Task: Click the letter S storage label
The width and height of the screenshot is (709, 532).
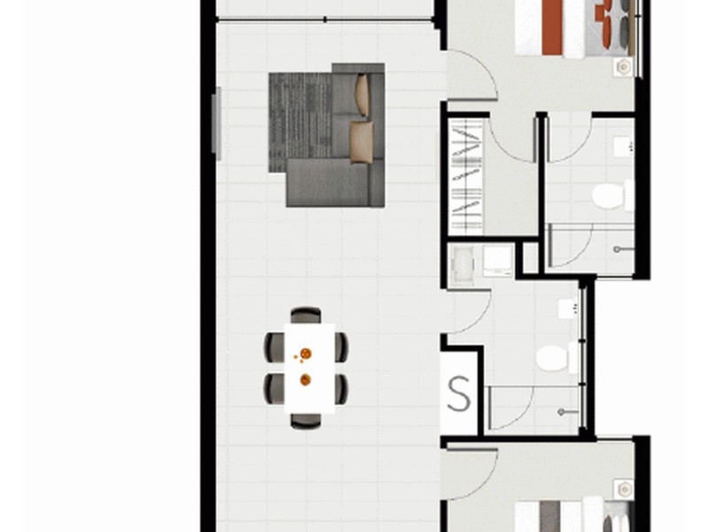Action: click(459, 395)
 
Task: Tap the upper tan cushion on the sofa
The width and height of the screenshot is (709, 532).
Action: click(362, 95)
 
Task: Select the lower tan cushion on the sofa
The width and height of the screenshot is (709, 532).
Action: click(361, 142)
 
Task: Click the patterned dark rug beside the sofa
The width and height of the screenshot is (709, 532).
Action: click(300, 120)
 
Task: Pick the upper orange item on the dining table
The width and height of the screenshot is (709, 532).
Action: click(306, 355)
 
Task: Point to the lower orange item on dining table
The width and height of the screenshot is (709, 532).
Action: click(306, 379)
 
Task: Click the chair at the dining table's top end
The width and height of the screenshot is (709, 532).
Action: click(306, 315)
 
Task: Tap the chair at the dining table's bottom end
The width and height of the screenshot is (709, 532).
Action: click(306, 421)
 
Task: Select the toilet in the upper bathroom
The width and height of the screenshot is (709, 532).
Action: click(611, 195)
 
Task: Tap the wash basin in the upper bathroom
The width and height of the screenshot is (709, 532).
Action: click(622, 146)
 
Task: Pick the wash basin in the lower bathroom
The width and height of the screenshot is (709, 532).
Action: click(568, 309)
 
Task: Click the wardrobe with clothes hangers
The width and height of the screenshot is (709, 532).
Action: click(467, 176)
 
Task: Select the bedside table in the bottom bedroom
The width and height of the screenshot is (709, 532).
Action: click(625, 489)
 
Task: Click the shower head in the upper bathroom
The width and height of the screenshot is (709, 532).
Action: click(627, 249)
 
